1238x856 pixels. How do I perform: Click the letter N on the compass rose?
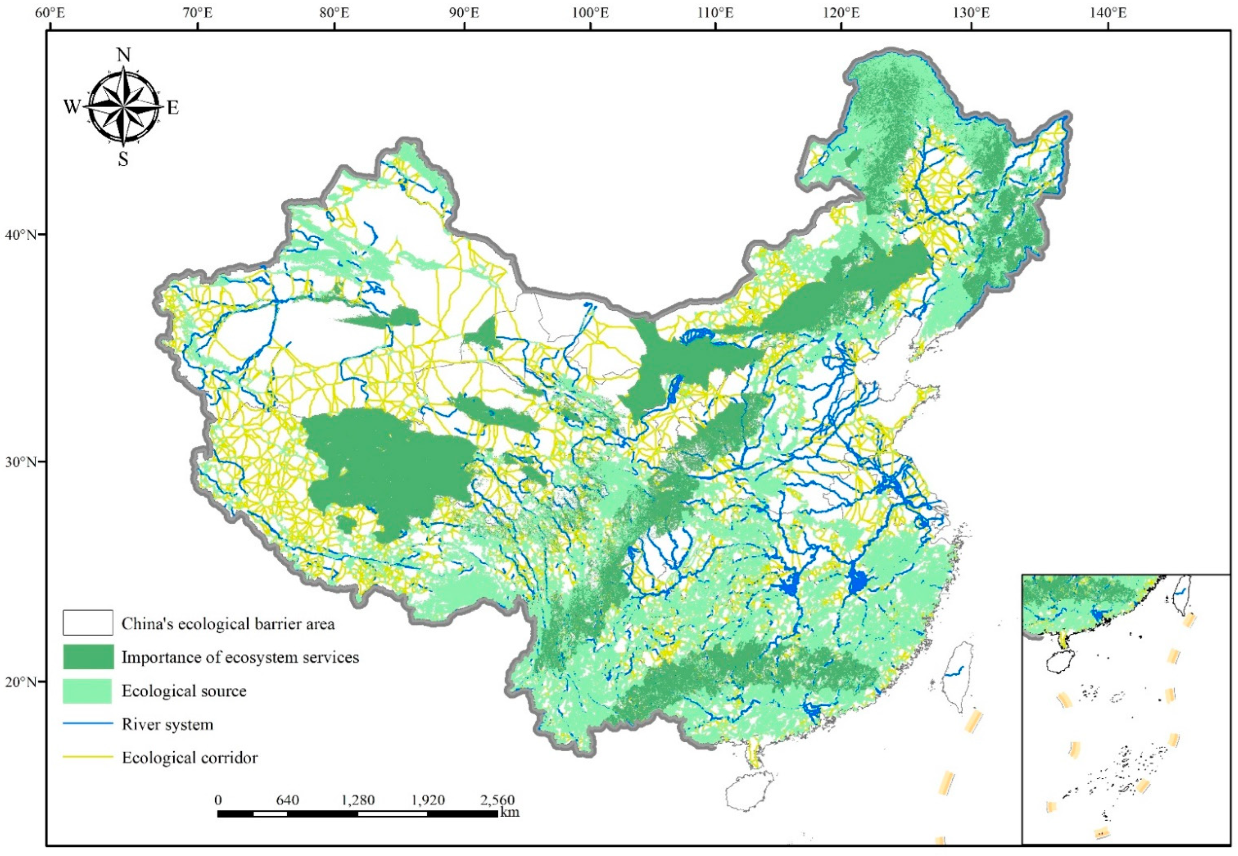click(x=124, y=55)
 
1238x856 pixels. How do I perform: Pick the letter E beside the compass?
click(x=172, y=108)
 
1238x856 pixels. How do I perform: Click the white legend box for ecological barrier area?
click(x=88, y=622)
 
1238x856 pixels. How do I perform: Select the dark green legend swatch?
click(x=88, y=656)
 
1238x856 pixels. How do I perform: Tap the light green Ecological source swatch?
click(x=88, y=691)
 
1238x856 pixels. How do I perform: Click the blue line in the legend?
click(x=88, y=724)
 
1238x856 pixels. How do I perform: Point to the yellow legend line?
click(x=88, y=757)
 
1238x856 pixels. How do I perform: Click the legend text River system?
click(x=167, y=725)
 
